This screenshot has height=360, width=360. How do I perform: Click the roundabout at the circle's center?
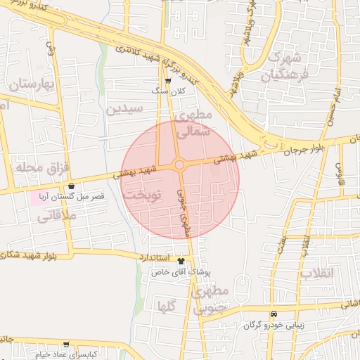click(x=179, y=165)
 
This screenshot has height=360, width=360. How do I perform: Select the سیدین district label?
click(x=124, y=108)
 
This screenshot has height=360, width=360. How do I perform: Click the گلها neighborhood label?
click(x=167, y=305)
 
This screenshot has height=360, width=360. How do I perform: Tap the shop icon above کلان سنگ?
click(x=167, y=81)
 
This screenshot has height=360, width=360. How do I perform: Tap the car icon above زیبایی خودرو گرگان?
click(x=274, y=314)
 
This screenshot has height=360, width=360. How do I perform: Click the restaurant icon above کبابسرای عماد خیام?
click(x=66, y=345)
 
